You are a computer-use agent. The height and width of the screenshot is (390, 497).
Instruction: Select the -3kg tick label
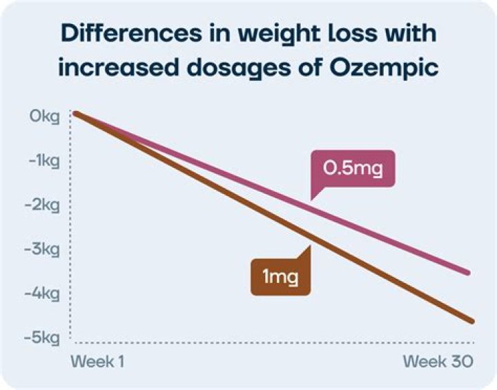(x=45, y=249)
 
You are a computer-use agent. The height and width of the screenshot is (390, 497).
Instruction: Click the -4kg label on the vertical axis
(x=45, y=293)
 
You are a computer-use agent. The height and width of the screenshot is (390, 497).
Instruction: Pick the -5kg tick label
(x=45, y=338)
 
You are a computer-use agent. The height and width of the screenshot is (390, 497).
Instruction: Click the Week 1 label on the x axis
(x=99, y=362)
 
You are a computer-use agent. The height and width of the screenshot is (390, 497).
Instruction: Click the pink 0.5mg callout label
(x=353, y=168)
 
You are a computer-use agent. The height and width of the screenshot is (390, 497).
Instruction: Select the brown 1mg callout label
(x=280, y=277)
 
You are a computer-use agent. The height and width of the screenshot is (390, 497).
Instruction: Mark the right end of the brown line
(x=471, y=321)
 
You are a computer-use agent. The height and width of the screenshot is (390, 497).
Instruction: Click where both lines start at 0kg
(x=76, y=113)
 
